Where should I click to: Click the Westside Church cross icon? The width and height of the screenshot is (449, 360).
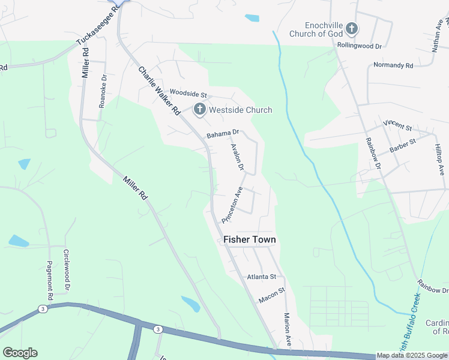coord(199,110)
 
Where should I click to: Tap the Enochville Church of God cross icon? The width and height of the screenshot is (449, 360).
coord(352,28)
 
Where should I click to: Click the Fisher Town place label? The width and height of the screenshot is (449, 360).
coord(250,240)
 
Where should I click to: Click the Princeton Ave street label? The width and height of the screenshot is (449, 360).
coord(232,205)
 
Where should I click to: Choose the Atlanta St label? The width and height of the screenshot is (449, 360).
coord(261,277)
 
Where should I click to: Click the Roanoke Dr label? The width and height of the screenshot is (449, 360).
coord(103,91)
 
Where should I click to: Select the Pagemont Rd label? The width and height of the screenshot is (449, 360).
coord(50,280)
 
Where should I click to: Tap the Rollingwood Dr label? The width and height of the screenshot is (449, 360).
coord(360,46)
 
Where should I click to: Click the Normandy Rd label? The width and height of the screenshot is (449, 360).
coord(393,65)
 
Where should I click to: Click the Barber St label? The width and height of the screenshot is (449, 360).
coord(402,145)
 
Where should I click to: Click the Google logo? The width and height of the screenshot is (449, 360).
coord(20,353)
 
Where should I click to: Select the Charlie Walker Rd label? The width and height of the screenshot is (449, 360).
coord(159,91)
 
